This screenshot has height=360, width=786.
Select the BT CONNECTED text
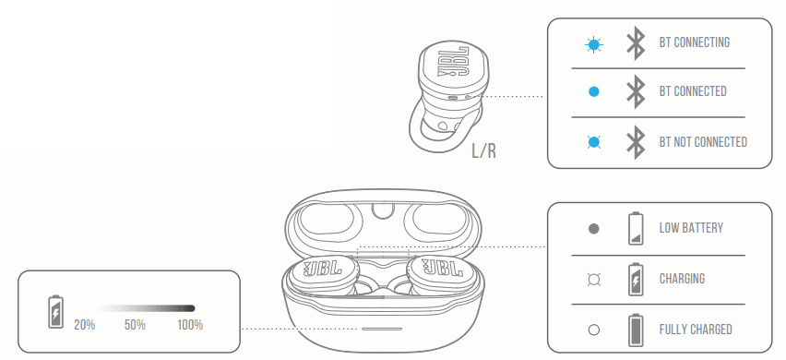(692, 91)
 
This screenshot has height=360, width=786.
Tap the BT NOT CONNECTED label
(703, 142)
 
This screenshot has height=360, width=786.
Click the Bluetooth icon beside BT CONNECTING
(635, 42)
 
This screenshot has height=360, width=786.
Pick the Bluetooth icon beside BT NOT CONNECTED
(635, 142)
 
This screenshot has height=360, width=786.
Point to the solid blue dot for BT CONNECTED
(594, 91)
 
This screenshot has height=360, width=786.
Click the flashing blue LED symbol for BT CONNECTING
(594, 42)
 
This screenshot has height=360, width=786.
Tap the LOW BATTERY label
(691, 228)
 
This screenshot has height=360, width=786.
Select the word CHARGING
(682, 279)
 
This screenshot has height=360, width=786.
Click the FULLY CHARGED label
(696, 330)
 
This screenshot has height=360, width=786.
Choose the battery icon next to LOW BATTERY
(635, 228)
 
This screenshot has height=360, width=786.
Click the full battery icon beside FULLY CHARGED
(635, 330)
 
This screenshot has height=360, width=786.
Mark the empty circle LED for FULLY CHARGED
(594, 330)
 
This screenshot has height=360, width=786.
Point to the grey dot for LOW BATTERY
(594, 228)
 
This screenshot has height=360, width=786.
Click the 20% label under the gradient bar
(85, 325)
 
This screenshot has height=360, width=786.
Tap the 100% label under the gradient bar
(190, 325)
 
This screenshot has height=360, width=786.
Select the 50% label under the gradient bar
(135, 325)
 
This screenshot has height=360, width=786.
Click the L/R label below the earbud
(483, 150)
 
